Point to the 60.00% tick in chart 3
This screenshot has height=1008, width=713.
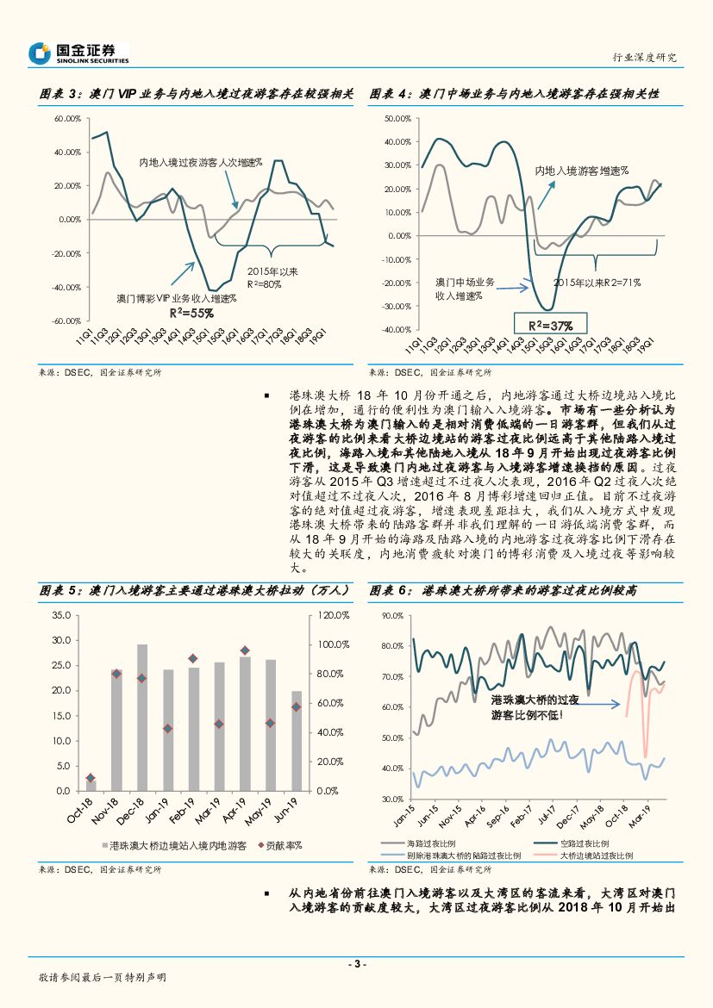(x=67, y=118)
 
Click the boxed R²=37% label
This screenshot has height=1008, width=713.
(x=550, y=323)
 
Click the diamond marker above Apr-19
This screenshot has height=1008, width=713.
(x=245, y=650)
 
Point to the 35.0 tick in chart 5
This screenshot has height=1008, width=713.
(x=61, y=615)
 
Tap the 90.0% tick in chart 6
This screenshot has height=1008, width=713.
(x=392, y=615)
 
